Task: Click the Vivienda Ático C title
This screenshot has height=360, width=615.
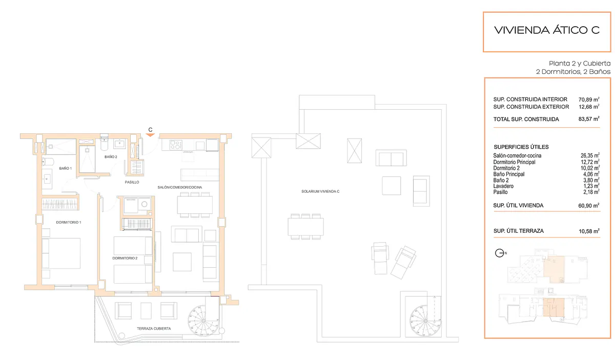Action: click(547, 30)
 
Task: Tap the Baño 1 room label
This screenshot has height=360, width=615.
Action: click(66, 168)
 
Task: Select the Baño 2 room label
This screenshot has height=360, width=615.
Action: click(111, 157)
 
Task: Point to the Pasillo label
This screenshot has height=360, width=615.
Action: click(132, 182)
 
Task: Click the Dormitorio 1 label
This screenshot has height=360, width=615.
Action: click(69, 223)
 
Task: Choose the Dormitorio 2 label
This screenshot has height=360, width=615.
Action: click(125, 258)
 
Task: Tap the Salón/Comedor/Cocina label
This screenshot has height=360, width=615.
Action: click(179, 187)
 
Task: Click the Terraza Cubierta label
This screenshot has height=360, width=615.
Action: click(154, 329)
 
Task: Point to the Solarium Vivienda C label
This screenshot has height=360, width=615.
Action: click(320, 192)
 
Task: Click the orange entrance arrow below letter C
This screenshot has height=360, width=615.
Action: click(150, 135)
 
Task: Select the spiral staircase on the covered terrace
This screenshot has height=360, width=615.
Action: click(203, 321)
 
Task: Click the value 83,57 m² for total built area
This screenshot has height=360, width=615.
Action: click(589, 119)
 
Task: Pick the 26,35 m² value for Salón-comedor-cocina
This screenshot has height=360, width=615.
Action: click(590, 155)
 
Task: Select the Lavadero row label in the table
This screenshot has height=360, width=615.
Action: click(503, 186)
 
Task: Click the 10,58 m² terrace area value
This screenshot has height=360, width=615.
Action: click(589, 231)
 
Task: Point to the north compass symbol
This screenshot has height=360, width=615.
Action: click(500, 253)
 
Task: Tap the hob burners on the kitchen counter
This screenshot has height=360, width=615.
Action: click(176, 145)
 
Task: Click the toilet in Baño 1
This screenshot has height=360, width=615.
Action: click(48, 162)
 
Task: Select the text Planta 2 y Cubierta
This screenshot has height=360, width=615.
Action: click(580, 64)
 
